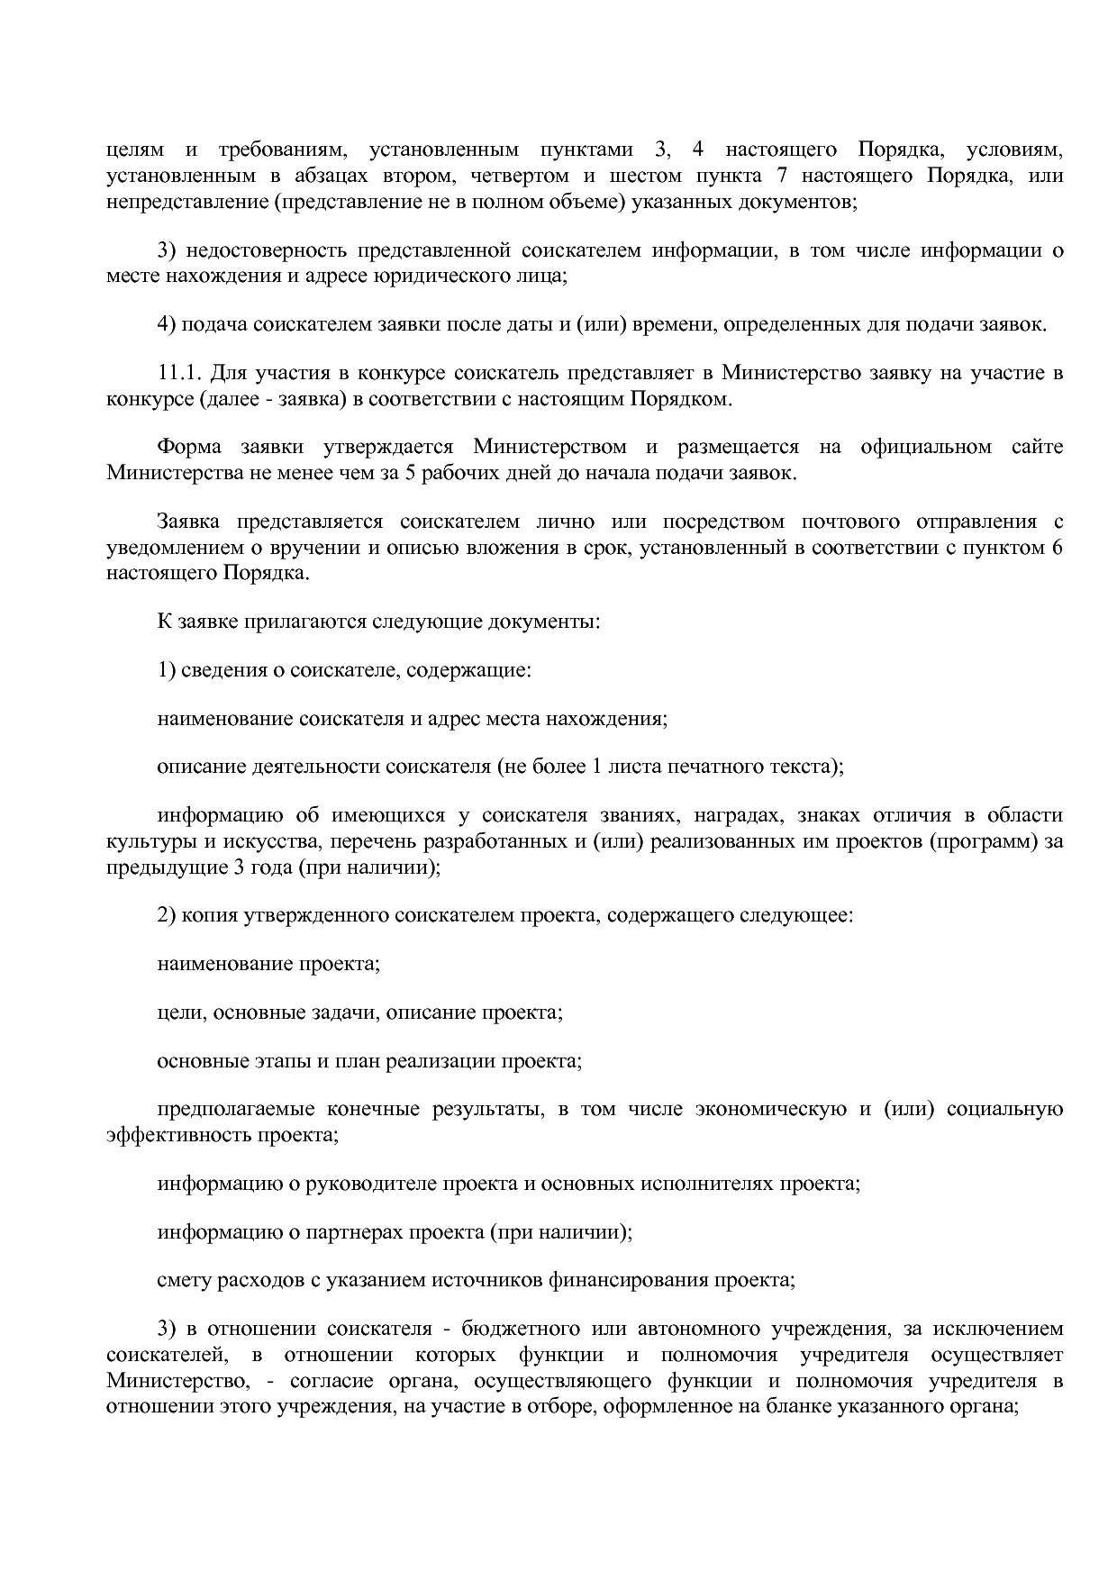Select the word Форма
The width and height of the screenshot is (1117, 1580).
point(186,447)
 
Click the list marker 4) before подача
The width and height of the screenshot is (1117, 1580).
point(167,324)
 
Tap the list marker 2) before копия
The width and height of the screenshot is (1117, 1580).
point(167,915)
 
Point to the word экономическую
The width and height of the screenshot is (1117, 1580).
point(770,1109)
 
